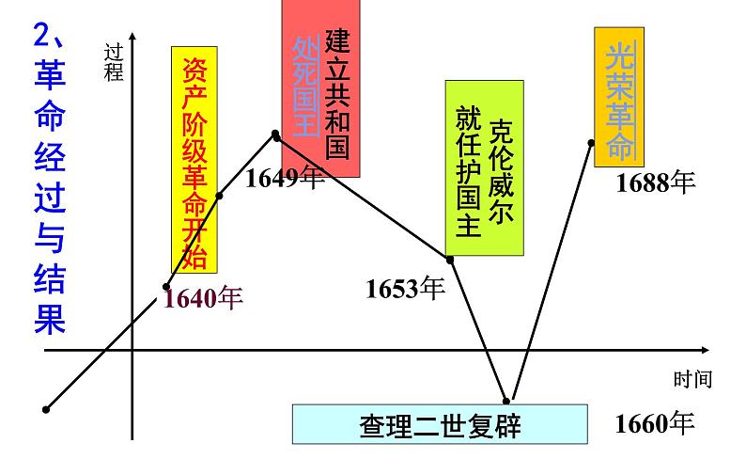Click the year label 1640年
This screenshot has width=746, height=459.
pos(203,298)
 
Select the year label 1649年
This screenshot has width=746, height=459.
pos(285,179)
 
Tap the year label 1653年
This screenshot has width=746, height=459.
pos(405,289)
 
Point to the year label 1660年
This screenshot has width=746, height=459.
pos(655,424)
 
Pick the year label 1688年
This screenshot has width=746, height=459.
pos(655,182)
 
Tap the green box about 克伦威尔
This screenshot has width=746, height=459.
pos(484,168)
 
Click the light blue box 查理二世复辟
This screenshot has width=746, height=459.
pos(441,425)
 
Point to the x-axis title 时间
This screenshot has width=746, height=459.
pos(692,380)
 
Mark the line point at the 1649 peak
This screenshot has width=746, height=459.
pos(276,135)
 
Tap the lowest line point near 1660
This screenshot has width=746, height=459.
pos(506,401)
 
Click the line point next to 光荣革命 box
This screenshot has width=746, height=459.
pos(592,143)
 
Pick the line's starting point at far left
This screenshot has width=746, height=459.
pos(45,409)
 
